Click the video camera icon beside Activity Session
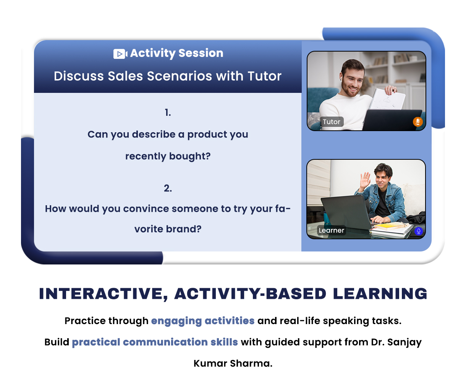tap(120, 54)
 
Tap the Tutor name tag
tap(332, 122)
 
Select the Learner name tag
tap(332, 230)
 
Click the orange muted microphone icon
tap(417, 122)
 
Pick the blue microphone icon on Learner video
tap(419, 231)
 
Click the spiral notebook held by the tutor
tap(388, 99)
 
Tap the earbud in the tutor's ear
tap(341, 78)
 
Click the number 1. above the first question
tap(168, 113)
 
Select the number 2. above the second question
tap(168, 188)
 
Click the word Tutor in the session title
tap(264, 76)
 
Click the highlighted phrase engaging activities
tap(203, 321)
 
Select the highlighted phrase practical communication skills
tap(155, 342)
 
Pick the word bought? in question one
tap(190, 156)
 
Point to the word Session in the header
tap(201, 53)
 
